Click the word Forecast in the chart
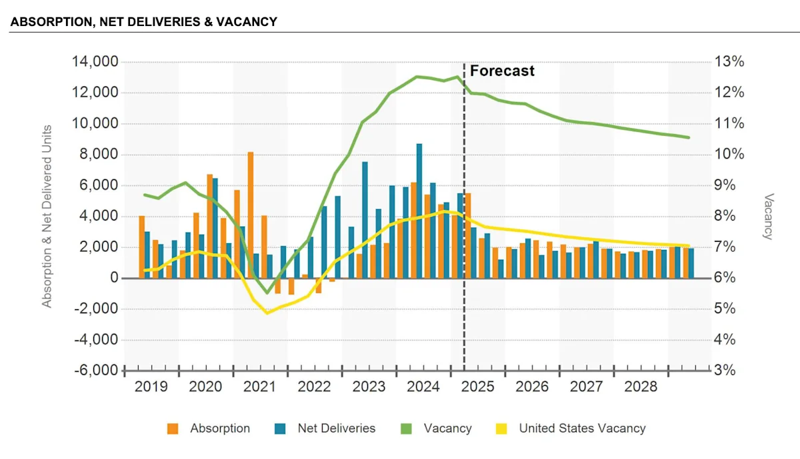click(x=502, y=71)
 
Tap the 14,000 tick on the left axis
click(x=95, y=62)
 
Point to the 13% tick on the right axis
click(x=730, y=62)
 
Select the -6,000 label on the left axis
click(x=95, y=370)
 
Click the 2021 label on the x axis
click(x=260, y=387)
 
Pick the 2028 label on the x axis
click(x=640, y=387)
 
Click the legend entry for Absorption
click(x=219, y=428)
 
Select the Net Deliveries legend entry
click(x=336, y=428)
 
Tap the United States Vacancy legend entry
click(x=582, y=428)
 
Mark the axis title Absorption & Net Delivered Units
click(x=47, y=217)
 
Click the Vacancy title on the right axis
click(x=768, y=217)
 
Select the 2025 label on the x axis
click(x=477, y=387)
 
